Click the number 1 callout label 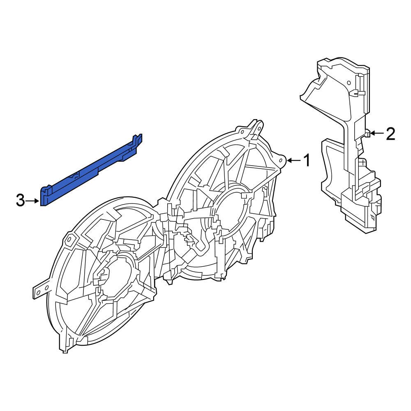coord(306,160)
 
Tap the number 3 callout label coord(21,201)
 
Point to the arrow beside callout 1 coord(293,160)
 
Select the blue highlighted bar coord(90,173)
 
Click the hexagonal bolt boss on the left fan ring coord(69,239)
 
